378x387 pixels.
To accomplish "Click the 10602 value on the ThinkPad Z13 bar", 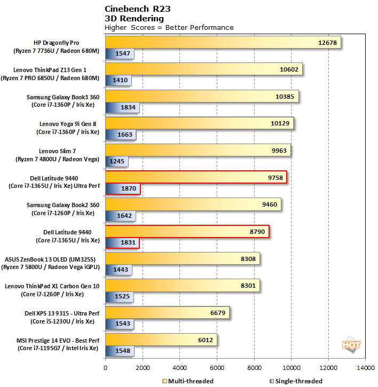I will pos(288,69).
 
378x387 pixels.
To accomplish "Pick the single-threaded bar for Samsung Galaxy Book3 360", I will pos(122,108).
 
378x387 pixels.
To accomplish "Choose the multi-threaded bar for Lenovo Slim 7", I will pos(198,150).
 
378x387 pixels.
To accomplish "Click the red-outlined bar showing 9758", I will pos(196,177).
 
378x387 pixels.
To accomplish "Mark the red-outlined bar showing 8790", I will pos(187,231).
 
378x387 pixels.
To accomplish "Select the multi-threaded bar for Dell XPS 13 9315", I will pos(167,312).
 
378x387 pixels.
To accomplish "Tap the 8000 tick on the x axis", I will pos(254,368).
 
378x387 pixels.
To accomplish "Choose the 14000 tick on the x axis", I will pos(365,368).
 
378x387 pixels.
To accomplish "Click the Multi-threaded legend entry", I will pos(188,381).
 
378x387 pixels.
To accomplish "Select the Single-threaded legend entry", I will pos(297,381).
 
